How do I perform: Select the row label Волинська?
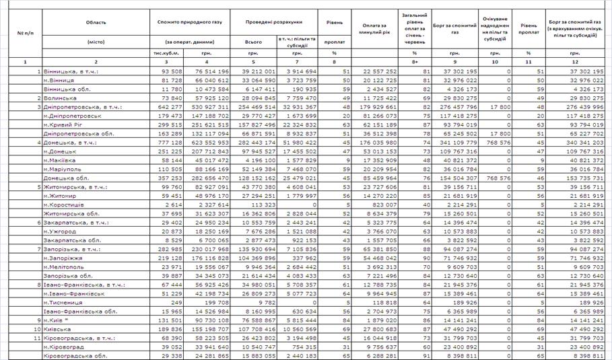pyautogui.click(x=60, y=98)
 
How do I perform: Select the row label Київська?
pyautogui.click(x=58, y=329)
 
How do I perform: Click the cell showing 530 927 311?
pyautogui.click(x=208, y=106)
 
